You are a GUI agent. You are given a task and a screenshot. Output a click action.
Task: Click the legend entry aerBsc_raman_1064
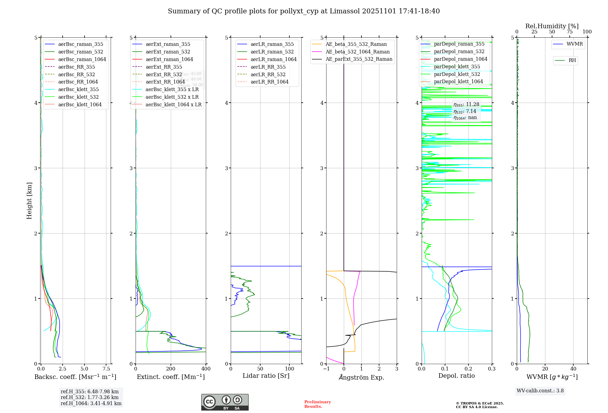[82, 59]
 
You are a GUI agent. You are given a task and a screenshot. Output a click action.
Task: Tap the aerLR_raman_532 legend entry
[272, 52]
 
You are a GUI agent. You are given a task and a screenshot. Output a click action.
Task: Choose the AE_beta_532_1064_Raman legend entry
[358, 52]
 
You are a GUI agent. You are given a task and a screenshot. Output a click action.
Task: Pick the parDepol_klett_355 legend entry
[457, 67]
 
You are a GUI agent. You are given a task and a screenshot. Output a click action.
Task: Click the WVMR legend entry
[575, 44]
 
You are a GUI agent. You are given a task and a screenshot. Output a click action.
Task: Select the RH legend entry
[572, 60]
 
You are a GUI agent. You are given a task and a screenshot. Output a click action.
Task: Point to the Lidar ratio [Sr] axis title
[266, 376]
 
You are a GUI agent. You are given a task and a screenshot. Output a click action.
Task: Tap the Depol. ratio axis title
[456, 376]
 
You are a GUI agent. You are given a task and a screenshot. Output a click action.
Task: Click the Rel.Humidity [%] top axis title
[552, 26]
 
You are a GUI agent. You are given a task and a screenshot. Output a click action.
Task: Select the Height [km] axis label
[29, 201]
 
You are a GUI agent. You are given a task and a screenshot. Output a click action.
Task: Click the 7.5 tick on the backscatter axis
[106, 369]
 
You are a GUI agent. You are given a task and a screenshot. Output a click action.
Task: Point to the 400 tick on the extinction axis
[206, 369]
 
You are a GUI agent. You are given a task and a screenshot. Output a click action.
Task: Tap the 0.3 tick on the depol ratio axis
[492, 369]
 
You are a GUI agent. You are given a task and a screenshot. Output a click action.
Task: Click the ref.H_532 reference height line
[90, 398]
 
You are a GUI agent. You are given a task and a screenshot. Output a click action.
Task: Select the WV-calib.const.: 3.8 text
[540, 391]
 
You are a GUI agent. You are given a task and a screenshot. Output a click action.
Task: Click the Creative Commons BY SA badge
[225, 402]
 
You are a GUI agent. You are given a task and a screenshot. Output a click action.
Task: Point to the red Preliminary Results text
[317, 404]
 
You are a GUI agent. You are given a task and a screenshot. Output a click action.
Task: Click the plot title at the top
[304, 11]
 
